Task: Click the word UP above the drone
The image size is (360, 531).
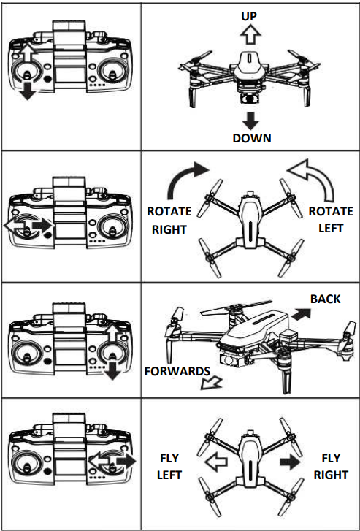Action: (x=250, y=16)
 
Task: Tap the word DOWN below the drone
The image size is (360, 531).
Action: (x=252, y=138)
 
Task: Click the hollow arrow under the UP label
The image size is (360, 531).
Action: (x=250, y=34)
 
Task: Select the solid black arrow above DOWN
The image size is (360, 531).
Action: (x=250, y=121)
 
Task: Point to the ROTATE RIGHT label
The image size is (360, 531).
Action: (x=169, y=220)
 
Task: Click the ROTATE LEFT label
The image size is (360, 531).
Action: (x=331, y=219)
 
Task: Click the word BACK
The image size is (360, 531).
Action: (x=326, y=299)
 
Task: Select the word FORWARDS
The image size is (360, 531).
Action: (x=177, y=371)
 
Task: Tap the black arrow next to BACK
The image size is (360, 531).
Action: (x=301, y=315)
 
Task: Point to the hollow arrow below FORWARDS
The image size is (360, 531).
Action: (x=210, y=383)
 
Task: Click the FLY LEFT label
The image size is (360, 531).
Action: (x=169, y=467)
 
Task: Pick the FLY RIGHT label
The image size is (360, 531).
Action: (x=331, y=467)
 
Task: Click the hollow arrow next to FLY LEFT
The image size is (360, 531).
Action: (x=216, y=462)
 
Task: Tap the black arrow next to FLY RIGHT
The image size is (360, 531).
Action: (x=290, y=462)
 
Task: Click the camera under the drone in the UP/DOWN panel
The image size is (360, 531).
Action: (x=250, y=99)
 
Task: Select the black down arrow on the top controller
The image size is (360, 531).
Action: (x=28, y=90)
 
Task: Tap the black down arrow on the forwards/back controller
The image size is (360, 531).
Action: (x=112, y=370)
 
